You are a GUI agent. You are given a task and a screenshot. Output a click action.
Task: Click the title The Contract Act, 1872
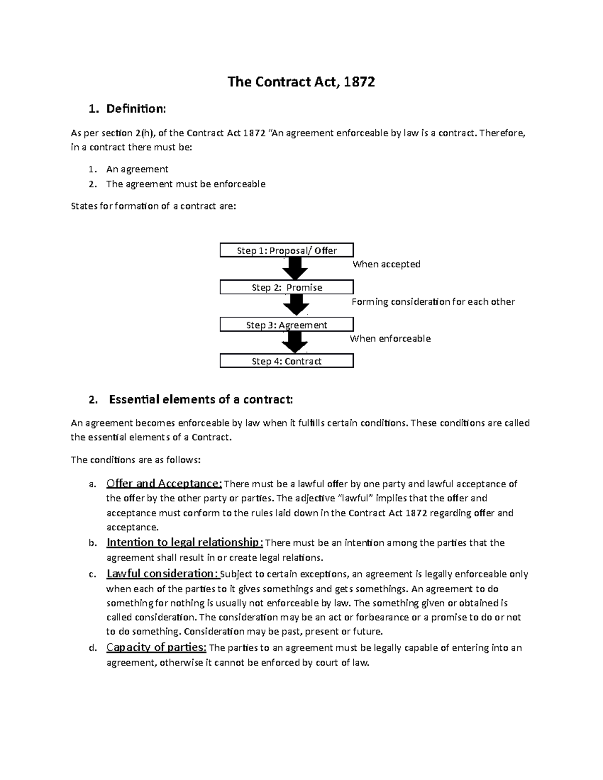click(301, 82)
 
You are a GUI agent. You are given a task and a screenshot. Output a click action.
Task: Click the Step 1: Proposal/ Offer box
click(286, 250)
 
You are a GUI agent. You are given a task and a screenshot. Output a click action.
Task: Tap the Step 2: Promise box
click(286, 287)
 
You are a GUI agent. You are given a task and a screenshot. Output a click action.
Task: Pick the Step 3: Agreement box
click(286, 325)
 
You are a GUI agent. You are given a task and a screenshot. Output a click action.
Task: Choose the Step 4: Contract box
click(286, 361)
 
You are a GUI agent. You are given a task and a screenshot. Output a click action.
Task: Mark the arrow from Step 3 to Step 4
click(295, 343)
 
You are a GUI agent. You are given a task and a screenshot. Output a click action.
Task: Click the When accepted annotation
click(386, 264)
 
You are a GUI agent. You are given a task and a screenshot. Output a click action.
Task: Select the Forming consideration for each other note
click(433, 302)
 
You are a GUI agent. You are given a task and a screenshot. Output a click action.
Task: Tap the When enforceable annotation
click(390, 339)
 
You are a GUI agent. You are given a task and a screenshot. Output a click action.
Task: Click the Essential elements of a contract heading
click(200, 400)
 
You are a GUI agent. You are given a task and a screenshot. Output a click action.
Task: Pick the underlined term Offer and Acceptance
click(164, 484)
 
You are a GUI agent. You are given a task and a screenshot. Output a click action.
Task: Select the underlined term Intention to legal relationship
click(184, 542)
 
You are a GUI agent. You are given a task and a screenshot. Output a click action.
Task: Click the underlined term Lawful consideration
click(162, 574)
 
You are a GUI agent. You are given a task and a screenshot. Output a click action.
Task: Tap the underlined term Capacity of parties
click(156, 647)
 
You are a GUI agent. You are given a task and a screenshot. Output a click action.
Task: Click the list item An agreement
click(137, 169)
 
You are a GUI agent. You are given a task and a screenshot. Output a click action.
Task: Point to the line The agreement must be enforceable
click(185, 184)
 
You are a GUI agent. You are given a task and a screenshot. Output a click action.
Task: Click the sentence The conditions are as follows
click(136, 460)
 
